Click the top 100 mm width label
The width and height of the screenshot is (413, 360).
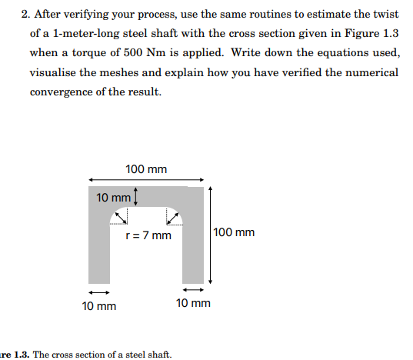[x=146, y=169]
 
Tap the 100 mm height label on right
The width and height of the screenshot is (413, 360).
[x=234, y=232]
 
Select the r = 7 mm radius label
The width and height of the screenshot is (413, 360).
[x=148, y=235]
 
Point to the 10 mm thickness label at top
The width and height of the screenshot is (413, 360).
[x=113, y=198]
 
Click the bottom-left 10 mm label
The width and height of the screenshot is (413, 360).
[x=99, y=305]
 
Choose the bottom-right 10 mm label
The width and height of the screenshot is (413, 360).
[x=193, y=304]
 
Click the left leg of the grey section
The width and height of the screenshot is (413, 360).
[x=98, y=246]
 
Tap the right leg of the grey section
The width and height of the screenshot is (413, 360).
[x=192, y=246]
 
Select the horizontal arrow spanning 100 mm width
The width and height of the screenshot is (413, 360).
[x=146, y=181]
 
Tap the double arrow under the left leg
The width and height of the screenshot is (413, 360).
[x=98, y=292]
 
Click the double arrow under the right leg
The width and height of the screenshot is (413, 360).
[x=193, y=290]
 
